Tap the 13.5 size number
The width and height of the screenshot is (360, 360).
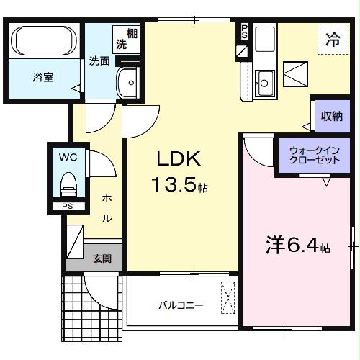tap(176, 186)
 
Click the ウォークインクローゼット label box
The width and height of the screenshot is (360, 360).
tap(314, 156)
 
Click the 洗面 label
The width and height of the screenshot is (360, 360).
tap(99, 60)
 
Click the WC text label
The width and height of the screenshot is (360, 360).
tap(67, 156)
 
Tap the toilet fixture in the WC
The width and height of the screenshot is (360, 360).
tap(68, 184)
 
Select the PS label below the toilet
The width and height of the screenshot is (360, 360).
tap(68, 207)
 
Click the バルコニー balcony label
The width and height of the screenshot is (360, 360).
tap(181, 305)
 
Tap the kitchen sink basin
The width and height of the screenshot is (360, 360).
tap(264, 80)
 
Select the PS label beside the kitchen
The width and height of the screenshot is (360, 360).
tap(244, 30)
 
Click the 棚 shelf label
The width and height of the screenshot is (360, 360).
tap(132, 32)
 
